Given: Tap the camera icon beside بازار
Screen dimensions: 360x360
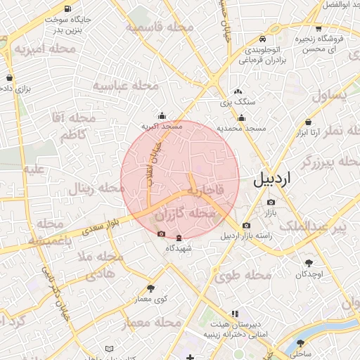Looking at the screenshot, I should [271, 202].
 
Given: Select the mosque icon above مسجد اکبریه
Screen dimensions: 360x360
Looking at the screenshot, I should [162, 116].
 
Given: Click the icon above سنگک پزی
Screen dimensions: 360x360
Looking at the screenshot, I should [238, 92].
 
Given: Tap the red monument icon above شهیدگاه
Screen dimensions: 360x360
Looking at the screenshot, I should [178, 237].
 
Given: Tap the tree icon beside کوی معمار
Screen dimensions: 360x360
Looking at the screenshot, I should [150, 288].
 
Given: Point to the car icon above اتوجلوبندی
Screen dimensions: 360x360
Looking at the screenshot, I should [262, 39].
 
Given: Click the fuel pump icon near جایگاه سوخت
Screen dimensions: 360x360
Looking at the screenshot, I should [67, 9].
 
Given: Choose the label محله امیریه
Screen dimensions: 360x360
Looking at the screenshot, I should [46, 49].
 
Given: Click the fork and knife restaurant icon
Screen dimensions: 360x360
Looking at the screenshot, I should [234, 314].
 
